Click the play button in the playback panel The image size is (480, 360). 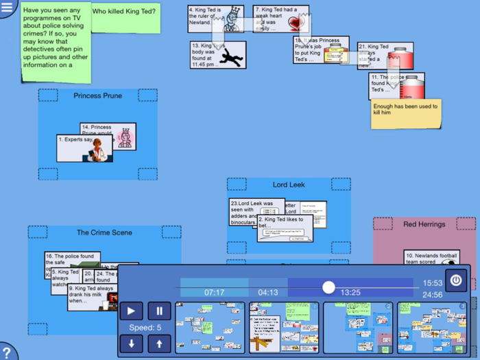pos(132,311)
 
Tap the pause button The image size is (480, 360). pos(159,311)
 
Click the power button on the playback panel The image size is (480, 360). pos(456,279)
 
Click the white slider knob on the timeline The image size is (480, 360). pos(328,287)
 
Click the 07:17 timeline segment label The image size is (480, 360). pos(214,293)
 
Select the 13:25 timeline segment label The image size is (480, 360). pos(350,293)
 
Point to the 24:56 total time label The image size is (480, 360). pos(432,295)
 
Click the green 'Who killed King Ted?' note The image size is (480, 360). pos(124,17)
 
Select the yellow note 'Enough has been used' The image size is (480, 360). pos(406,114)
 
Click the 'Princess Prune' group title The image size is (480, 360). pos(98,96)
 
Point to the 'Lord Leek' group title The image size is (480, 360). pos(289,185)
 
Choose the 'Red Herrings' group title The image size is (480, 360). pos(424,224)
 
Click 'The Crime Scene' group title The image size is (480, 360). pos(104,233)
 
